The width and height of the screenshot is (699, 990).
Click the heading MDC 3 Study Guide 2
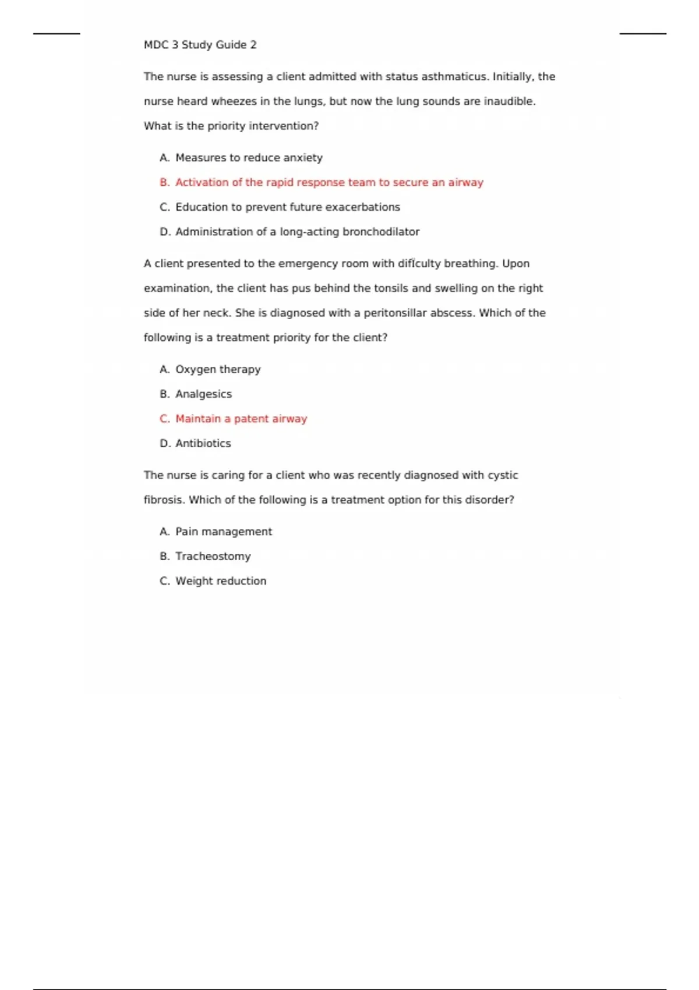pos(200,45)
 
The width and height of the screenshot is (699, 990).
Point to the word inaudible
pos(509,101)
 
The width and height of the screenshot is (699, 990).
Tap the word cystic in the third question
pos(503,475)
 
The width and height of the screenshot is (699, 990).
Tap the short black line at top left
pos(57,34)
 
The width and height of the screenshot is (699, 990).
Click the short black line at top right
pos(642,34)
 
